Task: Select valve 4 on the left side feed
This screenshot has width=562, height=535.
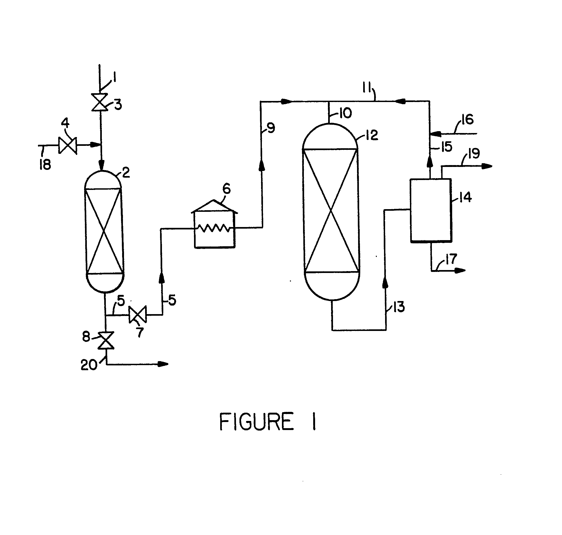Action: pyautogui.click(x=68, y=146)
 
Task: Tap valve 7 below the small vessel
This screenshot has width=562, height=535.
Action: pyautogui.click(x=138, y=315)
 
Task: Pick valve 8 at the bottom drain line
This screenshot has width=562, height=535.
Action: pyautogui.click(x=106, y=340)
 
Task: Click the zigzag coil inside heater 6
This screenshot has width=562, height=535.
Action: pyautogui.click(x=214, y=228)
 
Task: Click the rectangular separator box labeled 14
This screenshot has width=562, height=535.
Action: pyautogui.click(x=431, y=210)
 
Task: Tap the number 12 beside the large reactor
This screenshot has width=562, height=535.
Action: pyautogui.click(x=372, y=135)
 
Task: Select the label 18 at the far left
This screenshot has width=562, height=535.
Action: pyautogui.click(x=45, y=165)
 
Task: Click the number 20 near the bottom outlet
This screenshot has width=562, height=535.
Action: pyautogui.click(x=89, y=365)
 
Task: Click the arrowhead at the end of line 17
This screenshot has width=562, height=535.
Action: pyautogui.click(x=460, y=270)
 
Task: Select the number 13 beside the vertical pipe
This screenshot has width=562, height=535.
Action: pyautogui.click(x=399, y=307)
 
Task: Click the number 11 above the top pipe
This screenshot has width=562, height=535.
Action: pyautogui.click(x=367, y=88)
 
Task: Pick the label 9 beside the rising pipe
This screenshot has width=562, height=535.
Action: pyautogui.click(x=271, y=128)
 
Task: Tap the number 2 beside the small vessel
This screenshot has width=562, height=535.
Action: pyautogui.click(x=126, y=173)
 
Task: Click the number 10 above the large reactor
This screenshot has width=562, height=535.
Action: pyautogui.click(x=346, y=114)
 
